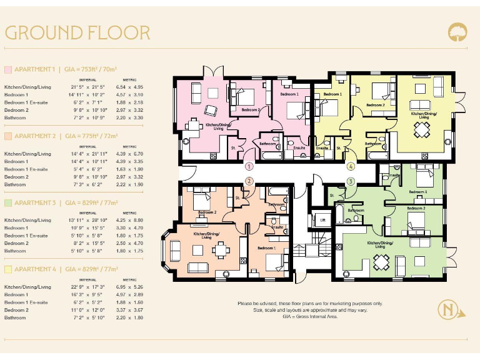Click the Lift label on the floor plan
tap(323, 221)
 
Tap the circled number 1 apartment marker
tap(249, 167)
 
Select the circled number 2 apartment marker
tap(249, 181)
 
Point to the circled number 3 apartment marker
tap(351, 181)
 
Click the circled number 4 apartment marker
tap(351, 167)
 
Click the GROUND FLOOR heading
tap(77, 32)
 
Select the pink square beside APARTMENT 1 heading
tap(8, 69)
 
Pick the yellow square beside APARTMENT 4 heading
tap(8, 269)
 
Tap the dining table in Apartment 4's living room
tap(423, 129)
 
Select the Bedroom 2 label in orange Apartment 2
tap(207, 212)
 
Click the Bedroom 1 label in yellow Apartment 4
tap(332, 94)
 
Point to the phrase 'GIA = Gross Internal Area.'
tap(310, 317)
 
